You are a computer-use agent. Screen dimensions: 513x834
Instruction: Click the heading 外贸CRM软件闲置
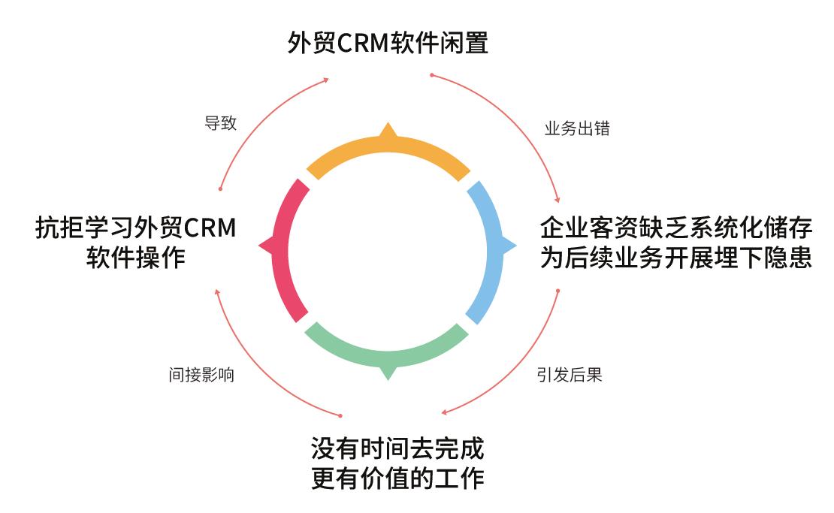coord(388,42)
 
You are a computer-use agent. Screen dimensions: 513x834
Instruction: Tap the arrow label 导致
coord(220,124)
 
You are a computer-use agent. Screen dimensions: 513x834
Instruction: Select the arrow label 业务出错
coord(576,128)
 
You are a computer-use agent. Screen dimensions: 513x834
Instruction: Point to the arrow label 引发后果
coord(570,374)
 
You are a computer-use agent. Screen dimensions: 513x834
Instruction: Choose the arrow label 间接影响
coord(201,374)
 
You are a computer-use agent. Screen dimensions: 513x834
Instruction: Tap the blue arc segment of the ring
coord(492,248)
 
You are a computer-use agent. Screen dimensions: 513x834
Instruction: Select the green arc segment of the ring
coord(388,350)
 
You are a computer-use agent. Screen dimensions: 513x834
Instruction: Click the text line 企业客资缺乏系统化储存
coord(675,228)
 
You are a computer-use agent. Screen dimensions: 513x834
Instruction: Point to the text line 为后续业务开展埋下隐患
coord(675,258)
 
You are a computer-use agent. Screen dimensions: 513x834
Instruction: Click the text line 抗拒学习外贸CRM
coord(135,228)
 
